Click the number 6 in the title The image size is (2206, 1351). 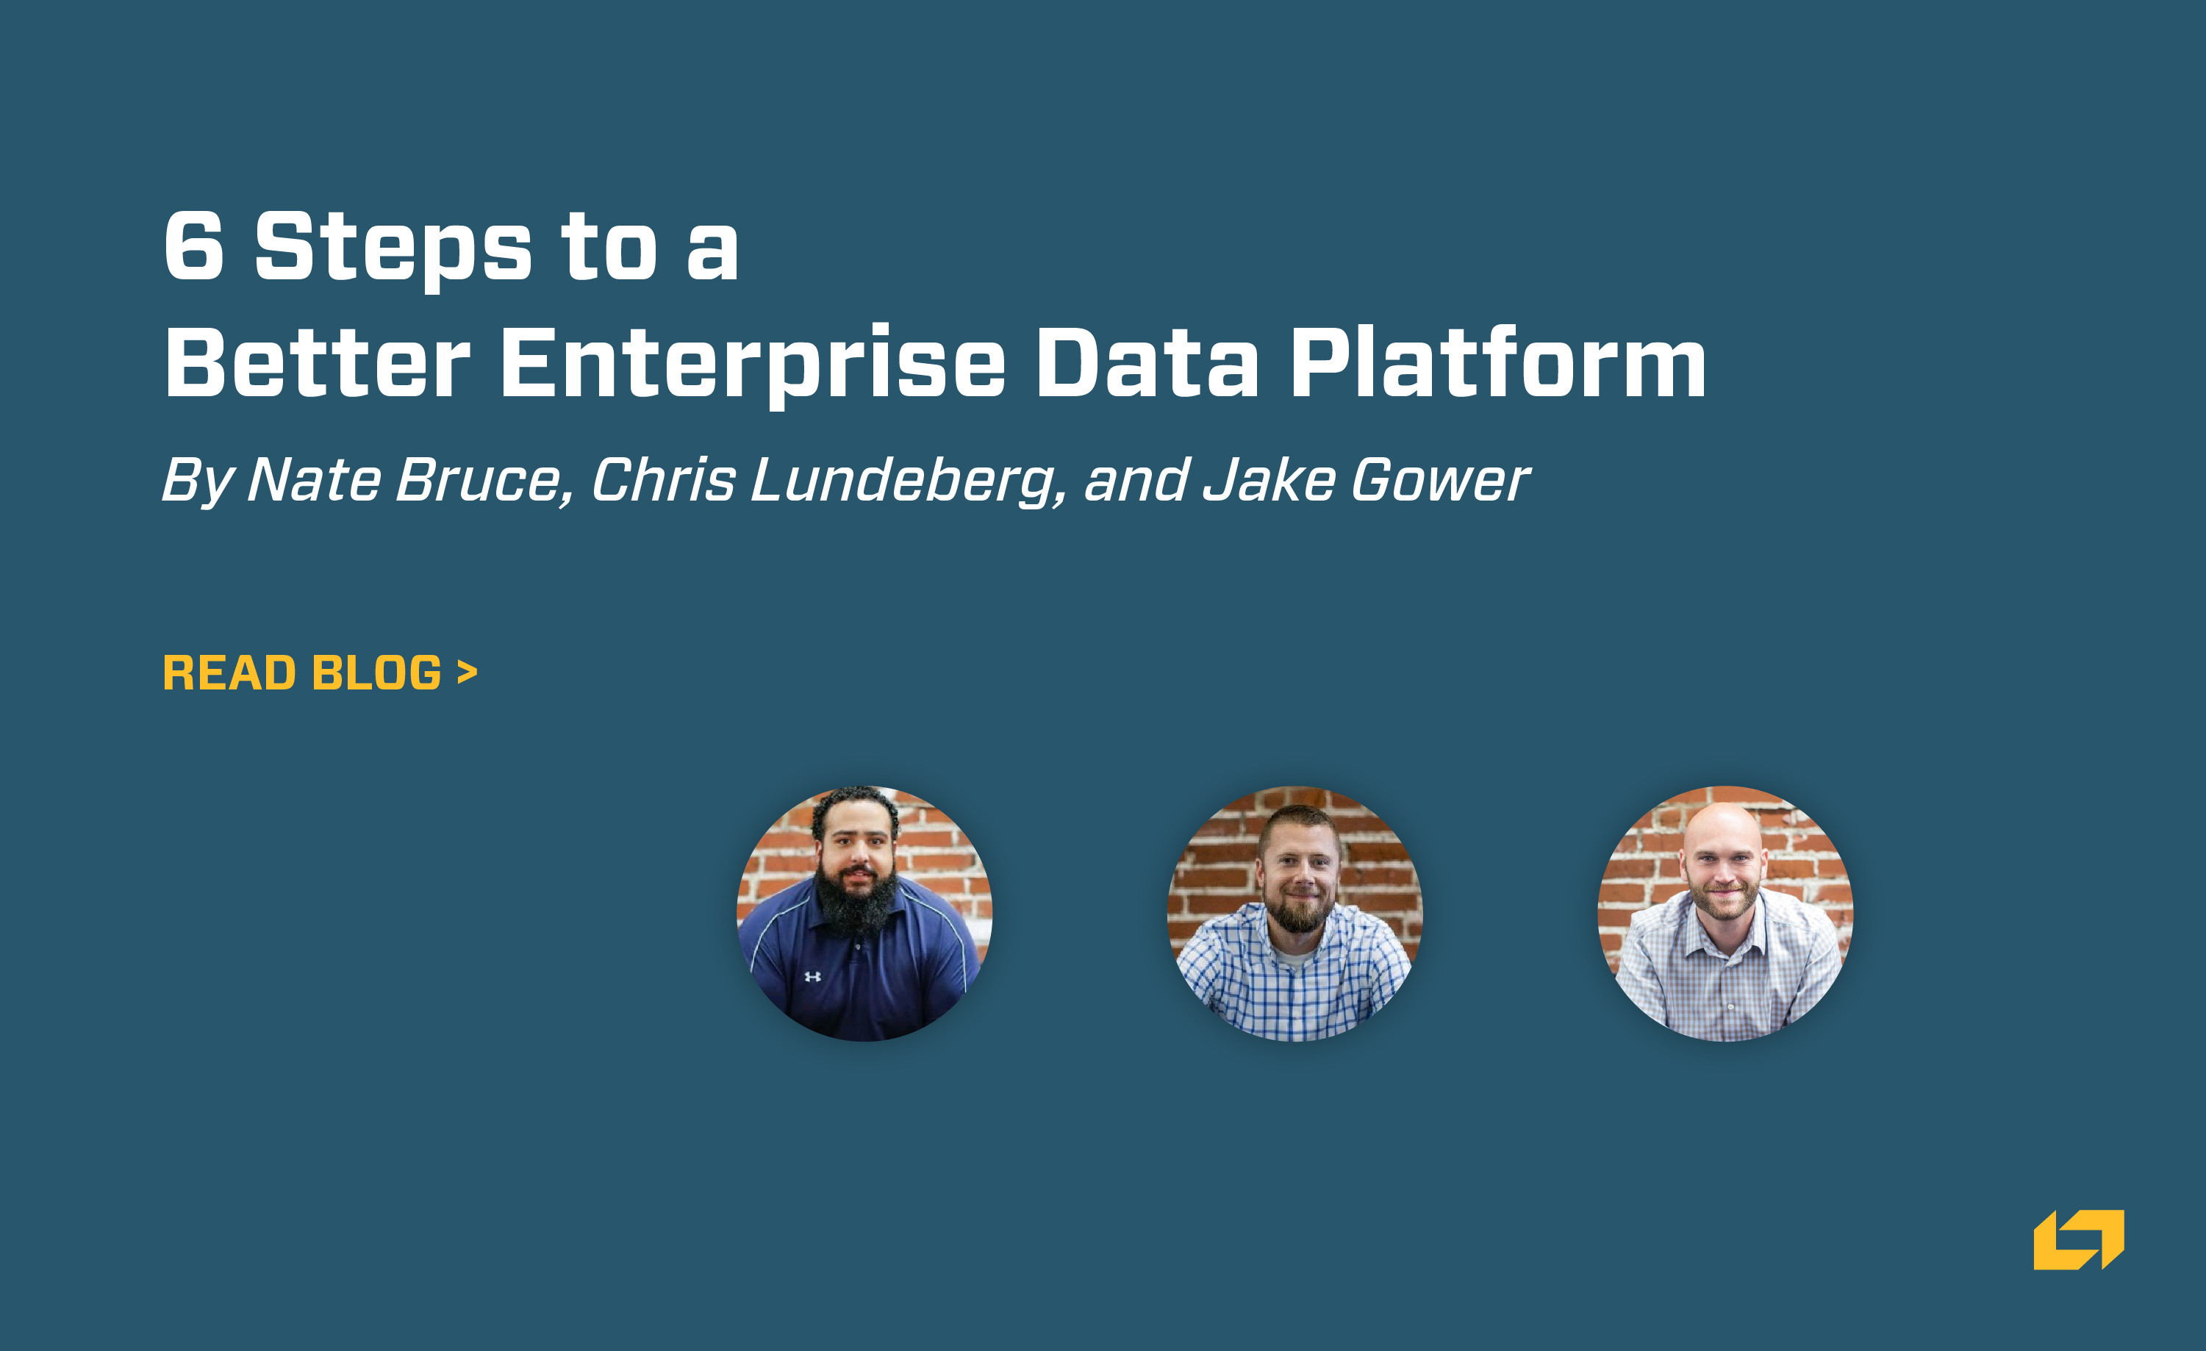(193, 246)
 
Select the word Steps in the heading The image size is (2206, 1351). (394, 251)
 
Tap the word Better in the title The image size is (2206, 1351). (318, 362)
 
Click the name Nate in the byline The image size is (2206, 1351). (314, 480)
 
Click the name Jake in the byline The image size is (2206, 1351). (1269, 480)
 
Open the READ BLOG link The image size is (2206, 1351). (320, 673)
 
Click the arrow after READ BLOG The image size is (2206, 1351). (467, 672)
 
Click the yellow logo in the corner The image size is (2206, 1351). (2079, 1239)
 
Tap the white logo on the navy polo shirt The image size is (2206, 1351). (812, 977)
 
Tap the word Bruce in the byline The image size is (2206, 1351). (479, 480)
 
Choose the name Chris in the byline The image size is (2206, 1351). (663, 480)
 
